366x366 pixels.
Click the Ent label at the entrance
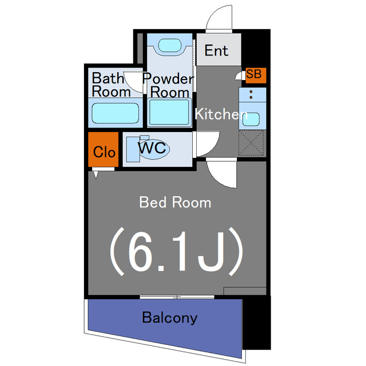point(216,50)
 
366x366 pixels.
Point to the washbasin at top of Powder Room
point(169,45)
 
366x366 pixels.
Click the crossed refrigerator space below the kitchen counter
point(252,142)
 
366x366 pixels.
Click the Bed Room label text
point(175,202)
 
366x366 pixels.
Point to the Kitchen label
point(220,114)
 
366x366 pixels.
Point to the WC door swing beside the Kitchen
point(207,143)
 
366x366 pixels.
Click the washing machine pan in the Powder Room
point(169,112)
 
